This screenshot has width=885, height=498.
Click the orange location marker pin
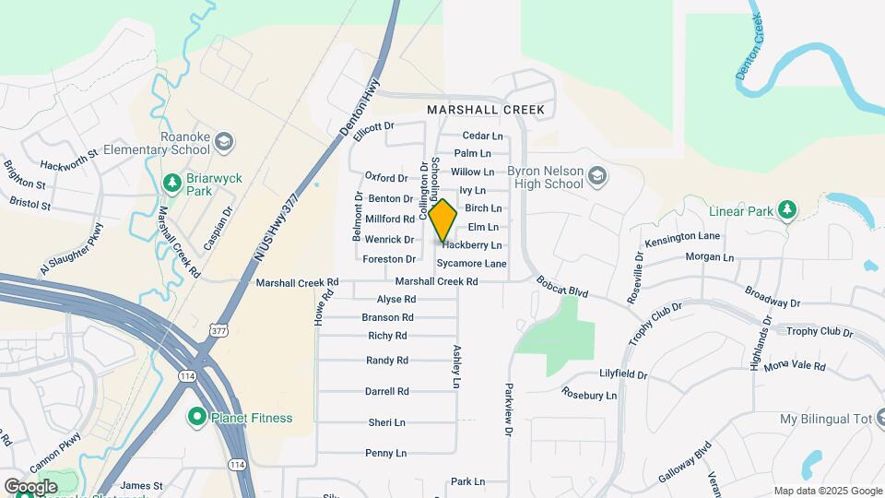[x=442, y=220]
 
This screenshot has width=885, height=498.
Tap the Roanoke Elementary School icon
[x=226, y=142]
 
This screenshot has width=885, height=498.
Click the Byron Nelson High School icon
[x=597, y=175]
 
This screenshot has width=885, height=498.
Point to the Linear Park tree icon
[x=786, y=211]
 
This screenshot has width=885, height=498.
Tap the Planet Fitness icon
[x=196, y=418]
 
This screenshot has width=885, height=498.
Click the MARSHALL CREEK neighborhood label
[x=486, y=110]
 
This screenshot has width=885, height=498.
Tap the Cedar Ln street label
[x=483, y=136]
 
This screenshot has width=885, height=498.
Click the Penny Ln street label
[x=385, y=453]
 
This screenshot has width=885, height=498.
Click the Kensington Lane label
[x=683, y=237]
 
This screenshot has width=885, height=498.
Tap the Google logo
[x=31, y=486]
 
